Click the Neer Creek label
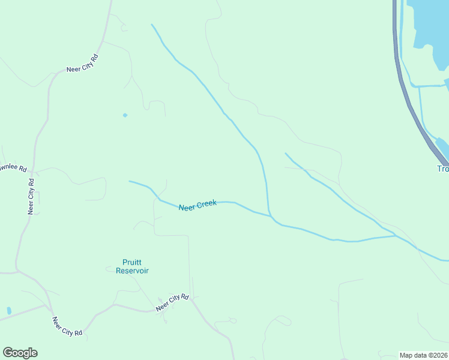(x=197, y=205)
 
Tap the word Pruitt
(x=132, y=262)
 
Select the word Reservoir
(x=132, y=271)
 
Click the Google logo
(x=20, y=353)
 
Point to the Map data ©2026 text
(x=423, y=355)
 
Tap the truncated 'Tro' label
(x=443, y=169)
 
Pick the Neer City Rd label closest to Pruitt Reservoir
(x=172, y=302)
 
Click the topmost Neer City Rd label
(x=82, y=64)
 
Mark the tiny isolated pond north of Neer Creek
(x=125, y=115)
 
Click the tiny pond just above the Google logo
(x=9, y=311)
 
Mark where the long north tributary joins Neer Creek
(x=271, y=215)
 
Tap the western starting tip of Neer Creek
(x=130, y=181)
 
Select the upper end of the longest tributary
(x=152, y=25)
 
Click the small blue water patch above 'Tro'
(x=442, y=146)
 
